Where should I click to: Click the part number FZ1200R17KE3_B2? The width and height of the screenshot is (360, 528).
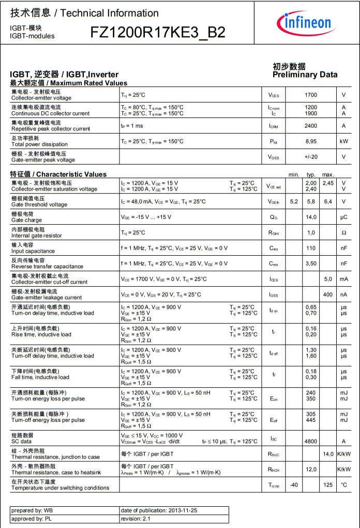point(158,32)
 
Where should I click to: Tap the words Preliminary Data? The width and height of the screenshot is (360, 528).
point(305,75)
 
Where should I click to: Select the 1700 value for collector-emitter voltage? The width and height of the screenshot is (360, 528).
point(311,95)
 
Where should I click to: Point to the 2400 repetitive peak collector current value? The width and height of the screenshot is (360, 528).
point(311,126)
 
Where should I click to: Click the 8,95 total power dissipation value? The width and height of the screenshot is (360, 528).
point(311,141)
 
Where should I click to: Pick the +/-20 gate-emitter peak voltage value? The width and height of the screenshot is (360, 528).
point(311,157)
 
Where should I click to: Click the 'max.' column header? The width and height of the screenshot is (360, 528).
point(328,174)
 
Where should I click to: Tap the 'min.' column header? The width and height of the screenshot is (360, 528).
point(294,174)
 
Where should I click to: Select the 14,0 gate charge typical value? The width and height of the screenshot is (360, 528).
point(311,217)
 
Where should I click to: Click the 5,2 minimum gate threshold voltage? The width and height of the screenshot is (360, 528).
point(294,201)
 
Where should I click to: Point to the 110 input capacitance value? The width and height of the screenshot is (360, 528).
point(311,248)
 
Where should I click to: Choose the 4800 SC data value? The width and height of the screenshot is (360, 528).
point(311,441)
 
